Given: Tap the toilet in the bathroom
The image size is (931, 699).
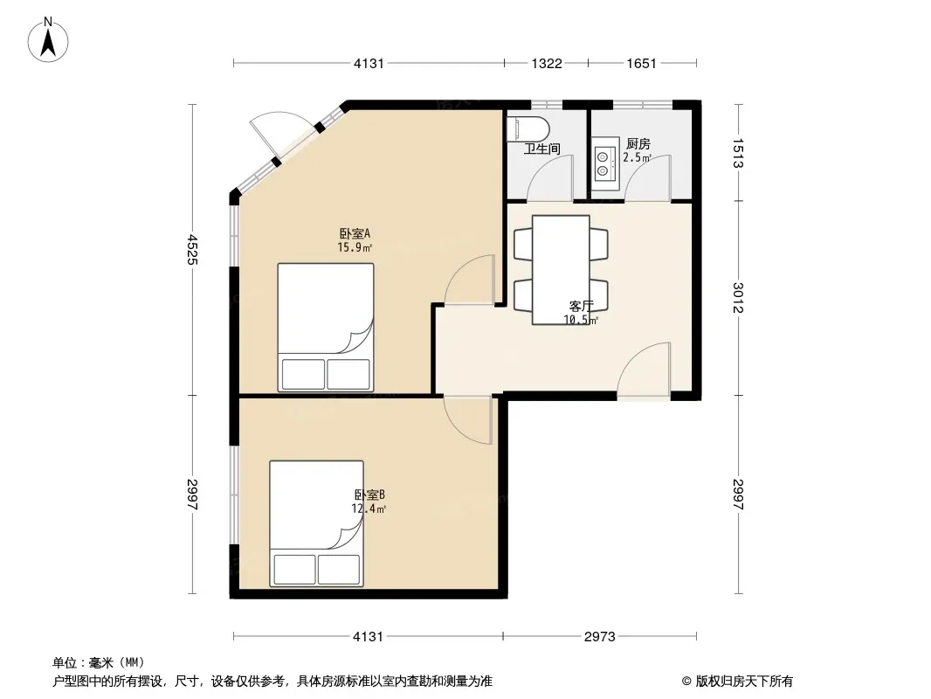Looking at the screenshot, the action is click(x=528, y=128).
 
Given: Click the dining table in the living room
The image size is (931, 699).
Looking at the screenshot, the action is click(x=561, y=270).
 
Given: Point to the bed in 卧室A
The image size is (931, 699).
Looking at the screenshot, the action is click(x=326, y=328).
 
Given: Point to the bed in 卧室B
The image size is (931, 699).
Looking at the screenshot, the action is click(x=316, y=523).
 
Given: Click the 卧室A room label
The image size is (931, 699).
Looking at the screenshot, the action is click(x=355, y=232).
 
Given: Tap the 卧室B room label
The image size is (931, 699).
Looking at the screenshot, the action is click(x=370, y=495).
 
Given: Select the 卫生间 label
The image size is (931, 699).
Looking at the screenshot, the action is click(x=541, y=149).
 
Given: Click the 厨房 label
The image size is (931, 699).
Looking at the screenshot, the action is click(x=638, y=143).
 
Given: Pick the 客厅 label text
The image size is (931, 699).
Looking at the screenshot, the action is click(x=582, y=306).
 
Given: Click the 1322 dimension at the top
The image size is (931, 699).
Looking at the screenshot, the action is click(x=546, y=64).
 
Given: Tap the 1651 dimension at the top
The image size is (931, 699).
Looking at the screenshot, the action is click(x=641, y=64).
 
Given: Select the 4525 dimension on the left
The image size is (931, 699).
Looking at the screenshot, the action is click(x=192, y=249).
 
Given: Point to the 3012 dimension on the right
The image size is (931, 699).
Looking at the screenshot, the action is click(x=738, y=297).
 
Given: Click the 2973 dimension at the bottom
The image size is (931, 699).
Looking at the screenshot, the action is click(x=600, y=637).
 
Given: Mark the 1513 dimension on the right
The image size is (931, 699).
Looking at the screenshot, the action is click(x=738, y=153).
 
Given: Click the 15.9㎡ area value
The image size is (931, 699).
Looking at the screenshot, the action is click(x=355, y=247).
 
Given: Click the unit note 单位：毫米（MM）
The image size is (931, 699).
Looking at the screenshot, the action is click(x=99, y=662).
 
